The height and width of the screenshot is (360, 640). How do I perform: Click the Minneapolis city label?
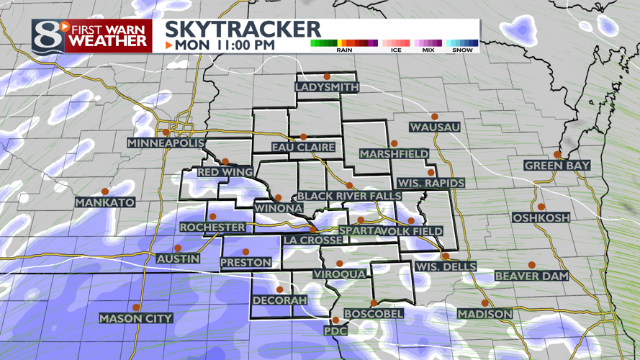166,143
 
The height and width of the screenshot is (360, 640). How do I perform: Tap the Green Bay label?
557,166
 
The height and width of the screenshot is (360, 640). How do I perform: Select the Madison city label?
485,314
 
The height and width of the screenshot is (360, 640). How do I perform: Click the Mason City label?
136,318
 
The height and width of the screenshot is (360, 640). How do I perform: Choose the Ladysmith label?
327,87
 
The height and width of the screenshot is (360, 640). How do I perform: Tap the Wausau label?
434,127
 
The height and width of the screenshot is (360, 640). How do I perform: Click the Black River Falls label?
348,196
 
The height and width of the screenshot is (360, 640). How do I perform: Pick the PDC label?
335,330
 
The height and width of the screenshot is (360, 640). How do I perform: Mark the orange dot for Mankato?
105,192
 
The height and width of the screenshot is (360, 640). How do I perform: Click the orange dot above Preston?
245,252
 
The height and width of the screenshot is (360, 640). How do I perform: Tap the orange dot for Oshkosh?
541,207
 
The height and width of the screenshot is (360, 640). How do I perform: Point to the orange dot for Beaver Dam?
531,265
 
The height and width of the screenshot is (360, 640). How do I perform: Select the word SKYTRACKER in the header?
243,29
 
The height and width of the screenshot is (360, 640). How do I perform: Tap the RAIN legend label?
344,50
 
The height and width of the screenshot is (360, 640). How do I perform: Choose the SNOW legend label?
463,50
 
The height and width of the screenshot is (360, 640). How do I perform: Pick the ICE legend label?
396,50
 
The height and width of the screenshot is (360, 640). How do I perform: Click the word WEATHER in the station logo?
108,41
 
